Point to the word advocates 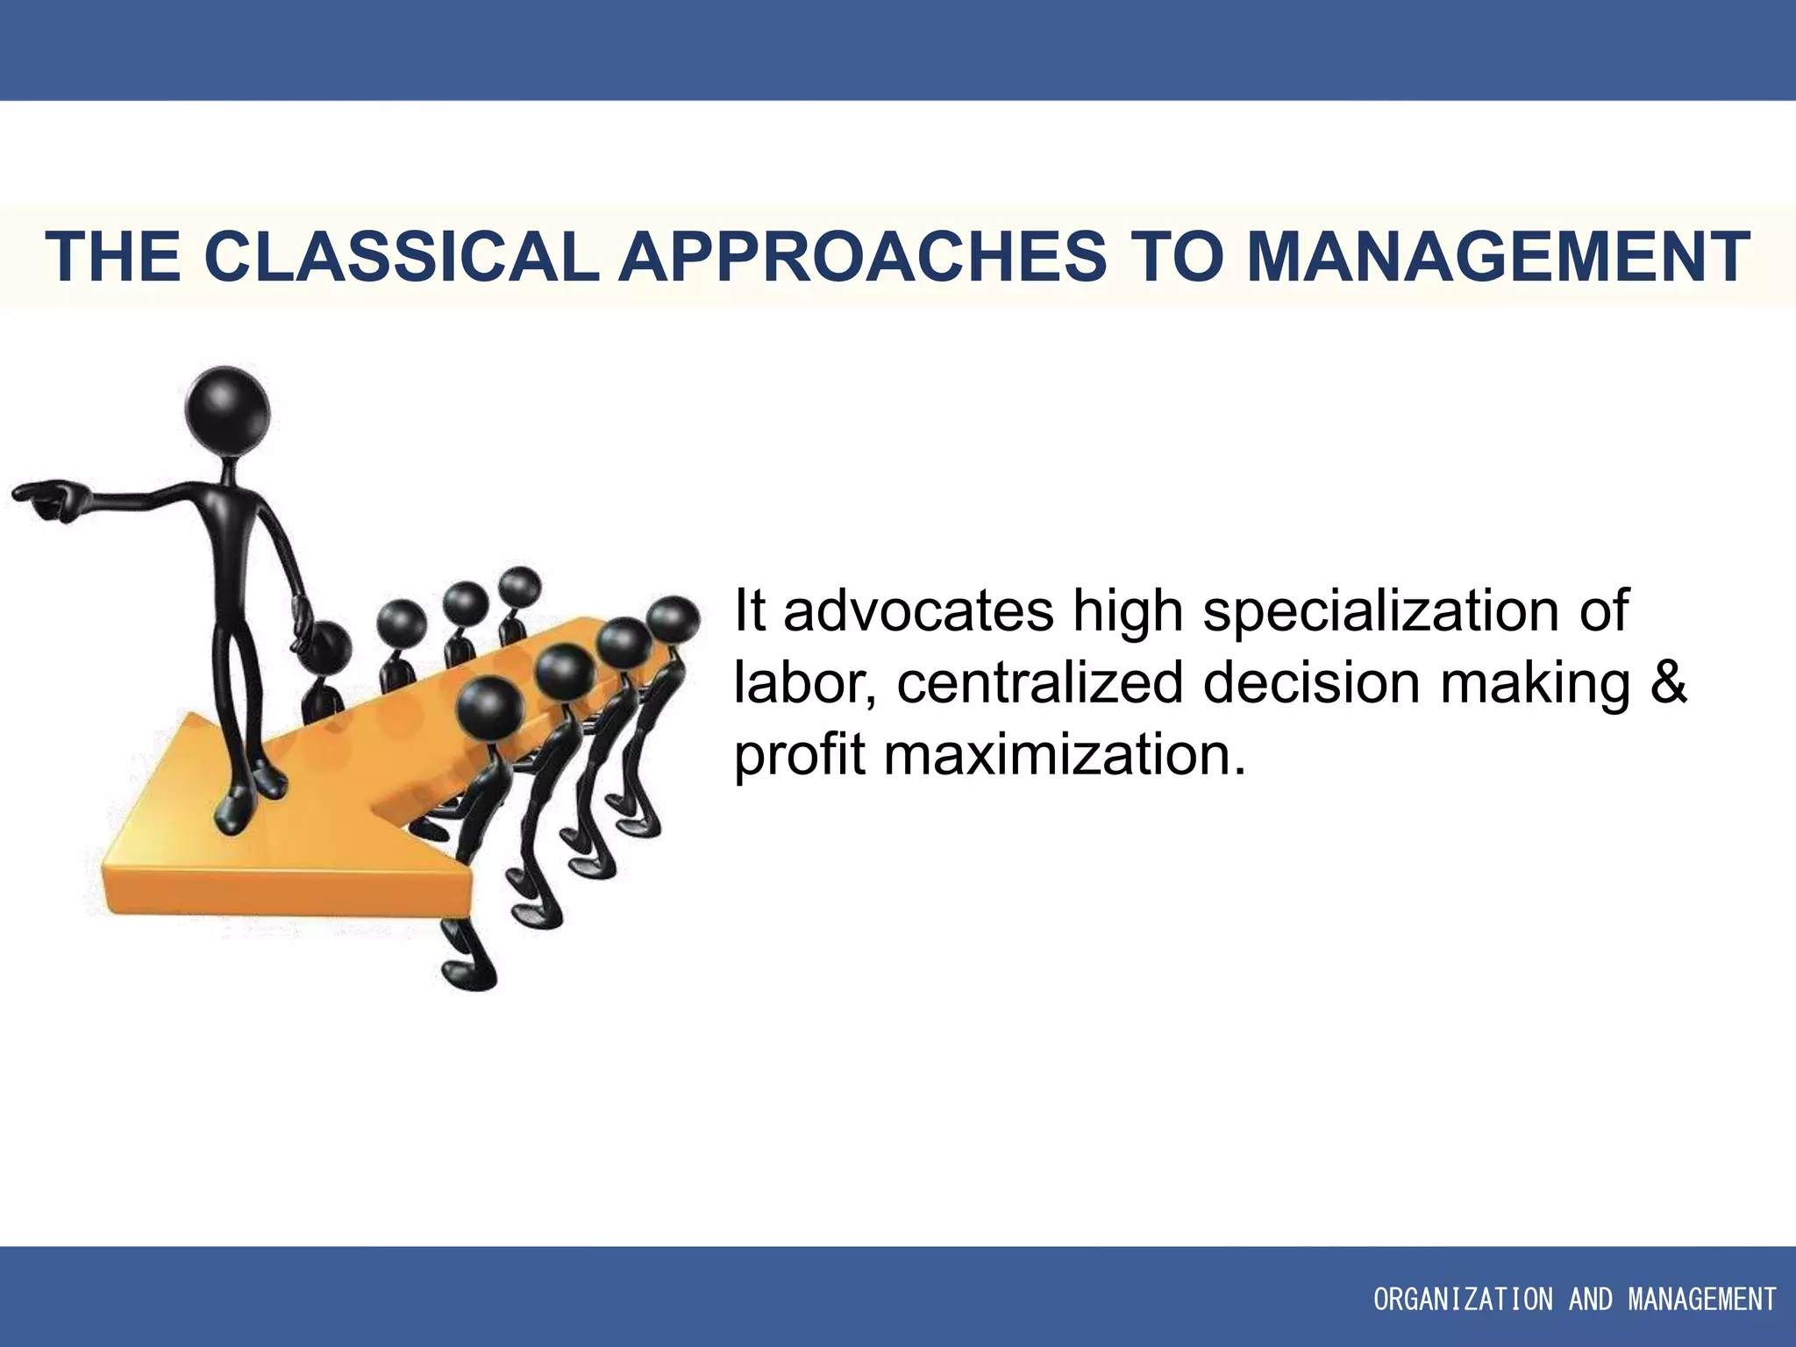(x=918, y=610)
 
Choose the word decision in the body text (x=1310, y=682)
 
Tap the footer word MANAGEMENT (x=1702, y=1300)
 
